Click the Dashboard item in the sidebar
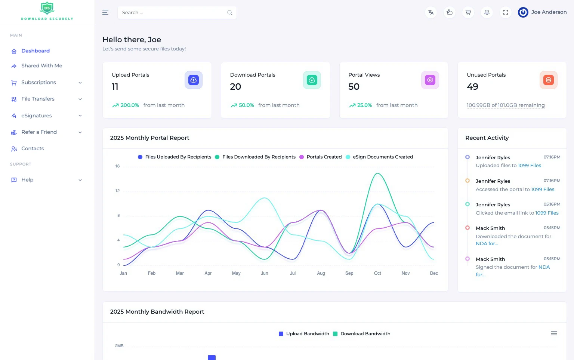35,51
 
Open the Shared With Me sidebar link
41,66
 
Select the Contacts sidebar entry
33,149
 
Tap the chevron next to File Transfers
80,99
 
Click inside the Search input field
172,13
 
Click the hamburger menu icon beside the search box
105,13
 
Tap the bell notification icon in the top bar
487,13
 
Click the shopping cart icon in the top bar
468,13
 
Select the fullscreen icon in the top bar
505,13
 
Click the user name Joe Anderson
549,12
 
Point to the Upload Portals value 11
115,87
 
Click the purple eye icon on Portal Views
430,80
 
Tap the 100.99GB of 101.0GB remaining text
505,105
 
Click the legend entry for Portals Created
324,157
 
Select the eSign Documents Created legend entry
382,157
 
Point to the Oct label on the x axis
377,273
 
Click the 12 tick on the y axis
117,191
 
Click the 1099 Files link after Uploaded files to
529,166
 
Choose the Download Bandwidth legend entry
365,334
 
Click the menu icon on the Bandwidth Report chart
554,333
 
